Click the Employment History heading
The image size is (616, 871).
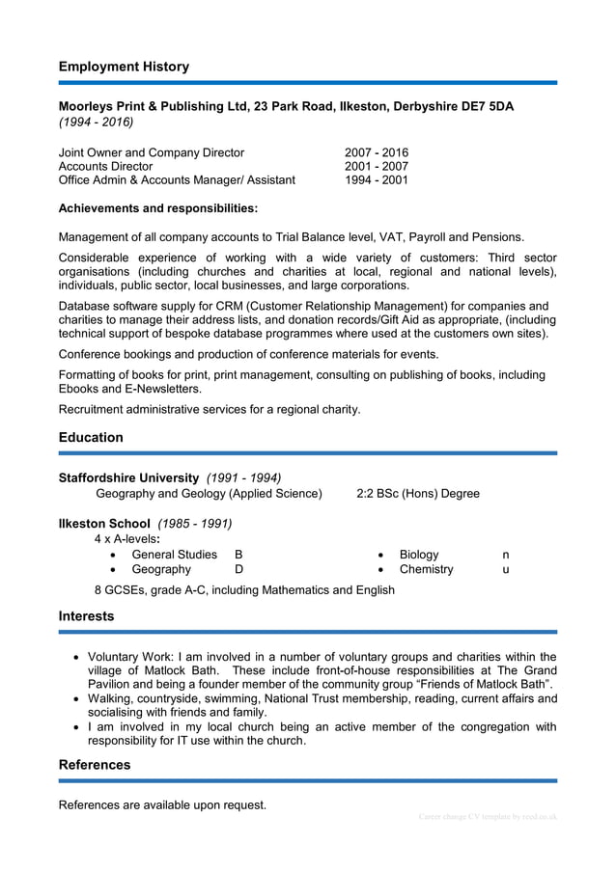pos(124,67)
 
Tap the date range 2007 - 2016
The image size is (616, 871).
pos(377,152)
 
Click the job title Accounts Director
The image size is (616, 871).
pos(105,166)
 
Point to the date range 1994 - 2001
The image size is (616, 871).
pos(377,179)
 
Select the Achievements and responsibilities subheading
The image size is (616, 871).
pos(158,207)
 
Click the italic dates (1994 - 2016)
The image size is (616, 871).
pos(97,122)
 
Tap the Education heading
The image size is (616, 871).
pos(91,437)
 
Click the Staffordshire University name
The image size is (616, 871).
pos(129,477)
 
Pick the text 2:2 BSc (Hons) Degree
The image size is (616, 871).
pos(418,493)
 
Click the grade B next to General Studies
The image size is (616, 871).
pos(238,555)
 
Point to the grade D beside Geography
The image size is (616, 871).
pos(238,569)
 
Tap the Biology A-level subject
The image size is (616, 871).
pos(419,555)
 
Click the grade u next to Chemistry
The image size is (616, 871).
pos(506,569)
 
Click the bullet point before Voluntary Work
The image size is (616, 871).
pos(77,657)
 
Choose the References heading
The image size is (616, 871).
pos(95,765)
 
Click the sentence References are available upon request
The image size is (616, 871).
pos(162,804)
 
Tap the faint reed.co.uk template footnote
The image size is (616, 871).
pos(488,817)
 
